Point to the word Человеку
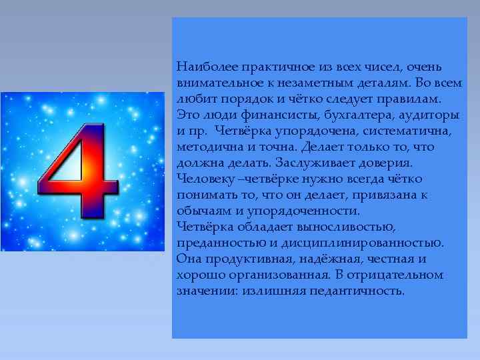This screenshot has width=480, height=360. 204,179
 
